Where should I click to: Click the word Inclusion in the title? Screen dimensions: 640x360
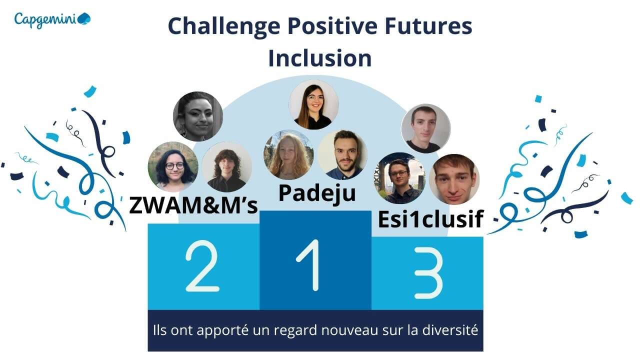coord(320,58)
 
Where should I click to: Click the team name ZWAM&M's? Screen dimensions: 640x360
coord(193,205)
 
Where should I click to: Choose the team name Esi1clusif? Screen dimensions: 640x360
coord(430,219)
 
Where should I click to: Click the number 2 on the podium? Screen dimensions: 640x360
coord(202,266)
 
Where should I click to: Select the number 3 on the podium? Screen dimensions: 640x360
coord(428,273)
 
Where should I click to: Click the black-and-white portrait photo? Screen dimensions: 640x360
coord(197,116)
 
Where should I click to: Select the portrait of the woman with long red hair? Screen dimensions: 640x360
coord(288,155)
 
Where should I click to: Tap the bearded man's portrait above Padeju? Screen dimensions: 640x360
coord(342,155)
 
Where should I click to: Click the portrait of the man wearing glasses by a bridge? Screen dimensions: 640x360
coord(399,178)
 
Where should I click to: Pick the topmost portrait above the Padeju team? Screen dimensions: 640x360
coord(313,105)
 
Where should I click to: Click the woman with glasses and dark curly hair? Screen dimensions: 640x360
coord(173,167)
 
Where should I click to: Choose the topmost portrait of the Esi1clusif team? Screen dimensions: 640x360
coord(425,128)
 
